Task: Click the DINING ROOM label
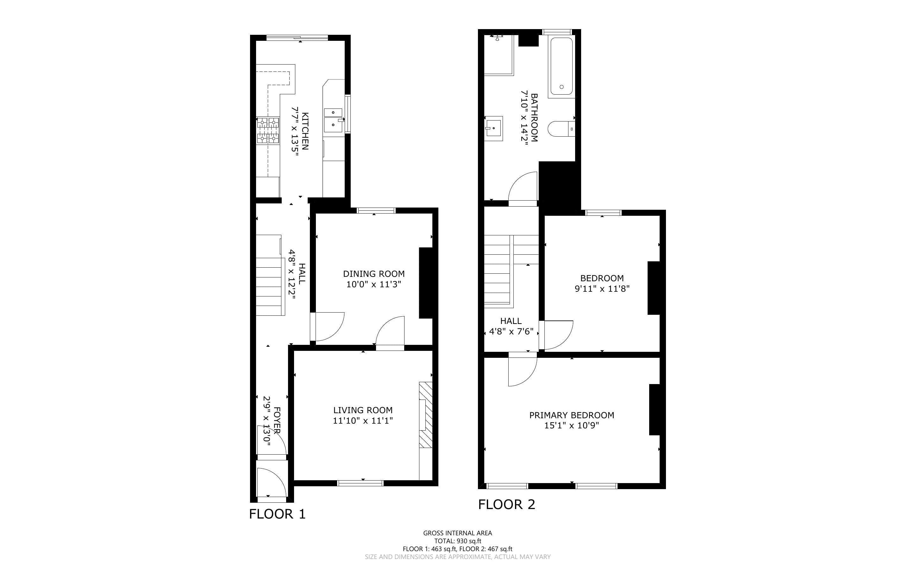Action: pos(374,274)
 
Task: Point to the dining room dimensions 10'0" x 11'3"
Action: pos(374,284)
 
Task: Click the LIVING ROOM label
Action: pos(363,410)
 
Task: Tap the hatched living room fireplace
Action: pos(426,415)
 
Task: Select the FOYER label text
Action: pos(277,420)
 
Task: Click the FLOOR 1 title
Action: pos(277,514)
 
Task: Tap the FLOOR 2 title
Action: pos(507,504)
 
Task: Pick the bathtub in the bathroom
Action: pos(562,66)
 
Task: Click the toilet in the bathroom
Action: pos(562,129)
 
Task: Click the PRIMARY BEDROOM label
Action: pos(572,415)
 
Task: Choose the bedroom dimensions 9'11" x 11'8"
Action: pos(602,289)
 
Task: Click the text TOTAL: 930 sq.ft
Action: pos(457,541)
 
